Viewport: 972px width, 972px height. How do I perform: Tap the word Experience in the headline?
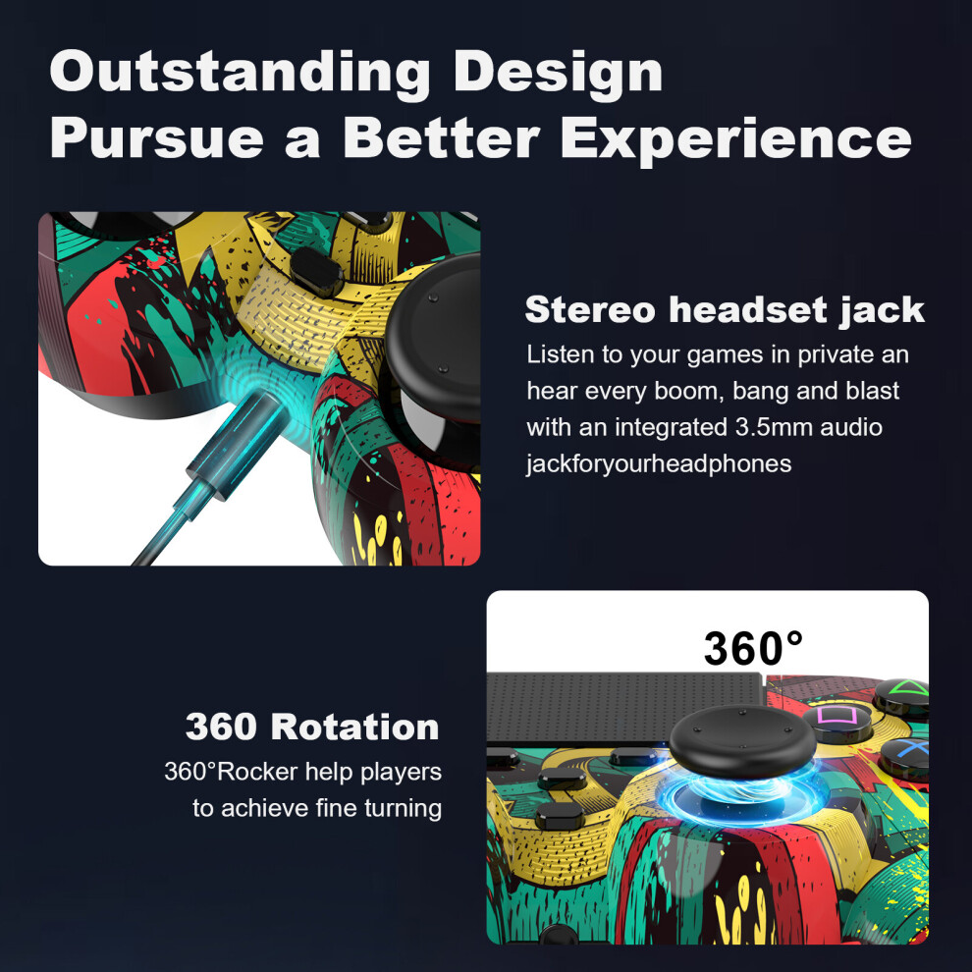click(x=735, y=140)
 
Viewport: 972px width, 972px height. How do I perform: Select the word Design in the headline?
click(x=558, y=74)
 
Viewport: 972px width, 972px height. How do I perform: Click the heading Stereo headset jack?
click(x=724, y=310)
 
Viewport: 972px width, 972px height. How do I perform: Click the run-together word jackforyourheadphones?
click(x=659, y=463)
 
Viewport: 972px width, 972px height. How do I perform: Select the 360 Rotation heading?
click(x=312, y=727)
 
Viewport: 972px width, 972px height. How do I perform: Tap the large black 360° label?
click(x=753, y=648)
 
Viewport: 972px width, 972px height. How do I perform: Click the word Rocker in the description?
click(x=257, y=772)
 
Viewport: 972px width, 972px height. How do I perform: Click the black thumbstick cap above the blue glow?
click(x=742, y=739)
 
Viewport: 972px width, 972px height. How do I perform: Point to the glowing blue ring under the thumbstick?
click(x=742, y=795)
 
